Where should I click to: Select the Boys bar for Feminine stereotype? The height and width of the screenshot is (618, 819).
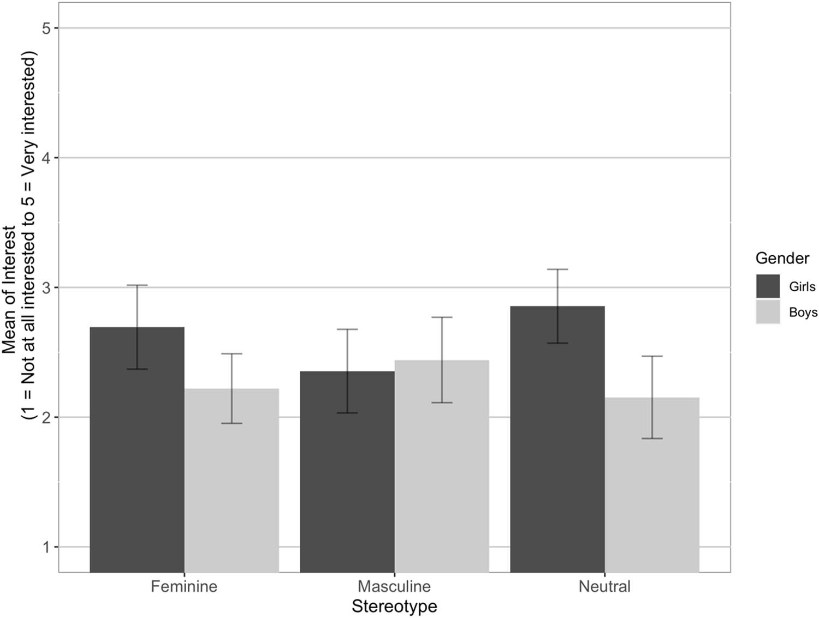coord(232,480)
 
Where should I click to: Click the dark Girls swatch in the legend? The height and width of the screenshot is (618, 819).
coord(768,286)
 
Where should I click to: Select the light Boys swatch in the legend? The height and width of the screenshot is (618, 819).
coord(768,312)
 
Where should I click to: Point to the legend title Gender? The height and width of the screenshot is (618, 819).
coord(782,258)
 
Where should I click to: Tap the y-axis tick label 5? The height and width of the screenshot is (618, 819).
coord(46,28)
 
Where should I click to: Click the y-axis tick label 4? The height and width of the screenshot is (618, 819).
coord(46,158)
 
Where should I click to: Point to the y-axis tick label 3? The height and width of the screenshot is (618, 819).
coord(46,288)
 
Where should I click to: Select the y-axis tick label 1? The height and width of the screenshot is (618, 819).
coord(46,547)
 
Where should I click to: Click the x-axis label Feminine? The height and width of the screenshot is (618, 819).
coord(184,587)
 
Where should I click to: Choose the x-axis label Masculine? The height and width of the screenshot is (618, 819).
coord(394,587)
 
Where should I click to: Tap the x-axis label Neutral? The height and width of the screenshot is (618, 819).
coord(604,587)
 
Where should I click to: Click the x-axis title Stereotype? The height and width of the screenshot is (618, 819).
coord(394,607)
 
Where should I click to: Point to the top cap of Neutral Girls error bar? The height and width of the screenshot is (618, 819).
coord(557,269)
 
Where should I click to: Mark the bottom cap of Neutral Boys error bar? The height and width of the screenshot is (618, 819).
coord(652,439)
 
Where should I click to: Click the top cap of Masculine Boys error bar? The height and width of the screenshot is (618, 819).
coord(442,317)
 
